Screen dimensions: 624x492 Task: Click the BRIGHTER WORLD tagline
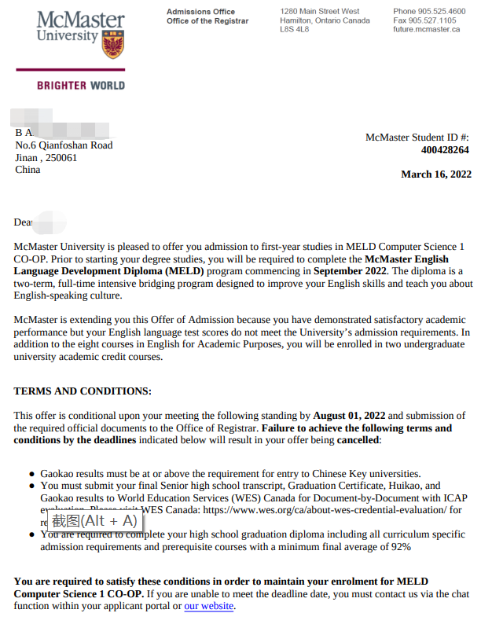80,85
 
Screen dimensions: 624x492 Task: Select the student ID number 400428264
445,150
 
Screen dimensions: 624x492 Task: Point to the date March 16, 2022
436,174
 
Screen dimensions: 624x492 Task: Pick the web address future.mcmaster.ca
426,29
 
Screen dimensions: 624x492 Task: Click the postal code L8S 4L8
295,29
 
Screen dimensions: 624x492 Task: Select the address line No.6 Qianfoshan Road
64,145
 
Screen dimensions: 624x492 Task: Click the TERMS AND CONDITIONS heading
83,391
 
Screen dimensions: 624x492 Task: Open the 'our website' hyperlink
208,606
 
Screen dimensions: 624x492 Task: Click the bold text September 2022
350,271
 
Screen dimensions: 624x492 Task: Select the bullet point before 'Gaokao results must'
31,474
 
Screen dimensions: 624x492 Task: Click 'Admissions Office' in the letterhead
200,12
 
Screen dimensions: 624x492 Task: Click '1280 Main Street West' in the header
320,12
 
